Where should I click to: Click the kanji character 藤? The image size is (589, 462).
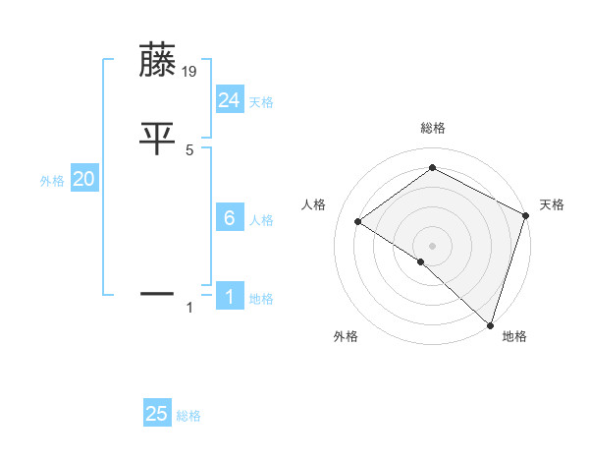pyautogui.click(x=157, y=61)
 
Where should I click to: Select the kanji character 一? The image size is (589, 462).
pyautogui.click(x=157, y=293)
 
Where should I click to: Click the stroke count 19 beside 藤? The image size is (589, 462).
pyautogui.click(x=190, y=72)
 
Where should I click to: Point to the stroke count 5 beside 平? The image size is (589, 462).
pyautogui.click(x=189, y=149)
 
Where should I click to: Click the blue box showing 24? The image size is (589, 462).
pyautogui.click(x=230, y=99)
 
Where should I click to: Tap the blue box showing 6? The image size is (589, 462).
pyautogui.click(x=230, y=219)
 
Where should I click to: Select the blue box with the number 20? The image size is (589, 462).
pyautogui.click(x=84, y=179)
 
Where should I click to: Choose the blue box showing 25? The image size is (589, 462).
pyautogui.click(x=157, y=414)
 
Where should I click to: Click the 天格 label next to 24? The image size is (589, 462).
pyautogui.click(x=261, y=102)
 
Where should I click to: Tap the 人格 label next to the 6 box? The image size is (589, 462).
pyautogui.click(x=261, y=221)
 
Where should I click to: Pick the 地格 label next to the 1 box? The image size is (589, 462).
pyautogui.click(x=261, y=299)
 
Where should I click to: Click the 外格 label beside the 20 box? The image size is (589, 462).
pyautogui.click(x=52, y=181)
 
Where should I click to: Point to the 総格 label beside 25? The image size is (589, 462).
pyautogui.click(x=188, y=416)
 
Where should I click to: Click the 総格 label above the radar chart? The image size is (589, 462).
pyautogui.click(x=432, y=128)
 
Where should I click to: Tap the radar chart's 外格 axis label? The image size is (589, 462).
pyautogui.click(x=346, y=337)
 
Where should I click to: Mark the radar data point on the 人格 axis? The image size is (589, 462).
pyautogui.click(x=358, y=221)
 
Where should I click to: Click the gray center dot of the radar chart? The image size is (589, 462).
pyautogui.click(x=432, y=245)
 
